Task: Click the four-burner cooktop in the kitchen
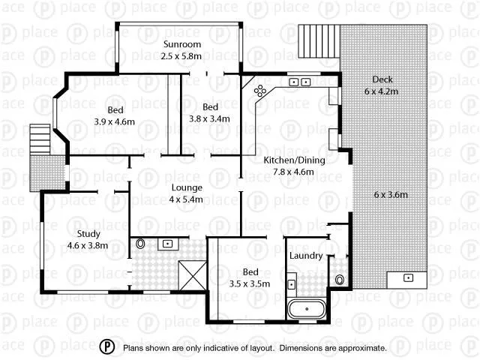(x=260, y=91)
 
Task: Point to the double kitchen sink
(x=300, y=82)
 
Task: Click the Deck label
(x=382, y=79)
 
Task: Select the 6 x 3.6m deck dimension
(x=391, y=194)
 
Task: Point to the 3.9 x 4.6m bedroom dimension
(x=115, y=121)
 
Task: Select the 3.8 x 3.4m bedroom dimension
(x=209, y=118)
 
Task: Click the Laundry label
(x=306, y=256)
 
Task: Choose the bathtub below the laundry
(x=307, y=308)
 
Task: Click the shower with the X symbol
(x=191, y=276)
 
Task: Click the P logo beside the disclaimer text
(x=108, y=347)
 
